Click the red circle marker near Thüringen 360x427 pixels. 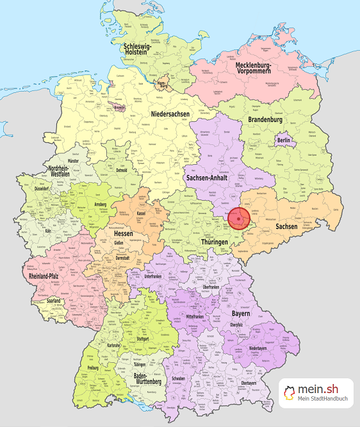coord(238,219)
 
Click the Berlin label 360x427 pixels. coord(284,140)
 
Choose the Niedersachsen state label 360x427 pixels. coord(170,114)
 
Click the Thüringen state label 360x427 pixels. coord(213,242)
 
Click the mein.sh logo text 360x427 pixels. coord(324,389)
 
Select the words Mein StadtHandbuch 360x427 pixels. coord(323,401)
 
